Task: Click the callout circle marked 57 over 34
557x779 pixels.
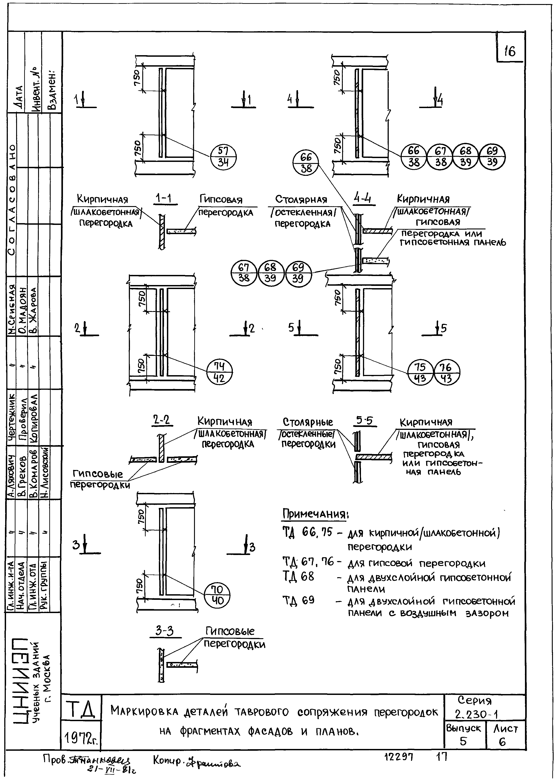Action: click(223, 157)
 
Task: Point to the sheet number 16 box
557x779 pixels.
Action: click(510, 51)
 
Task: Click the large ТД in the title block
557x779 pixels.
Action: click(82, 709)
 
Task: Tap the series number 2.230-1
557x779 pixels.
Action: click(476, 714)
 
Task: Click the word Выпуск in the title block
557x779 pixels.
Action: click(464, 728)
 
